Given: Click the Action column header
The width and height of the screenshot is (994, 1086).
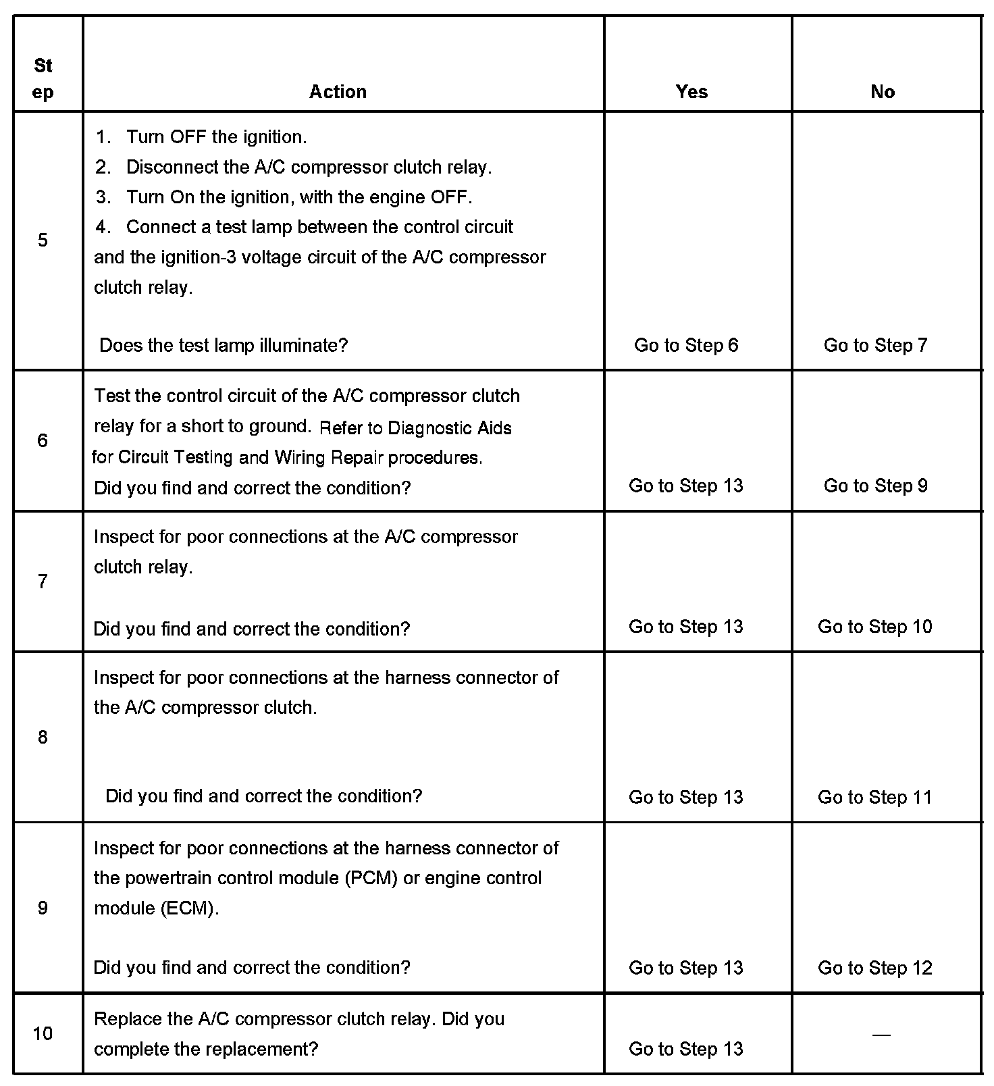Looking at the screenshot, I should click(x=338, y=92).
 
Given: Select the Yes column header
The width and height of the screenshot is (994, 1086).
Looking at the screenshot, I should click(x=691, y=92).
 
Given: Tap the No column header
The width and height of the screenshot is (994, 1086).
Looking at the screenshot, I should click(x=883, y=92).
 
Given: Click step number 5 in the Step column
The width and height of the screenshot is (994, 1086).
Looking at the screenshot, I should click(x=43, y=240).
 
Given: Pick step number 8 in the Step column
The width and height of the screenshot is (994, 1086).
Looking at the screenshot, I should click(x=43, y=737).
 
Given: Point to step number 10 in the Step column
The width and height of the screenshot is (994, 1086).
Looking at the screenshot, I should click(x=43, y=1033).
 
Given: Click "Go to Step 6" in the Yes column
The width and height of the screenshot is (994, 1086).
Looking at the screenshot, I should click(x=686, y=345).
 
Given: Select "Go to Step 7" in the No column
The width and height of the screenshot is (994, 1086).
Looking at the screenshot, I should click(x=876, y=345).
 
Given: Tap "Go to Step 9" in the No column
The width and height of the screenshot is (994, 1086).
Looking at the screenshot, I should click(x=876, y=486).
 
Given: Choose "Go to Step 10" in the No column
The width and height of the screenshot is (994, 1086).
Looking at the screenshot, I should click(x=875, y=627).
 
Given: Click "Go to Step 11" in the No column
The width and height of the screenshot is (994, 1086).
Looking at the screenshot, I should click(x=875, y=797).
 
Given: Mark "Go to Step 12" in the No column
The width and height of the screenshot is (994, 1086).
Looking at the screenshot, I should click(x=875, y=968).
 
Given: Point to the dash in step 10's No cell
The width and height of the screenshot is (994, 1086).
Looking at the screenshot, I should click(x=881, y=1034).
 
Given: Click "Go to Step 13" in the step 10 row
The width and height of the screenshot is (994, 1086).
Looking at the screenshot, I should click(x=686, y=1049).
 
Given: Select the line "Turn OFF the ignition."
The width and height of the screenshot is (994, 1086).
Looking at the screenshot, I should click(x=216, y=137).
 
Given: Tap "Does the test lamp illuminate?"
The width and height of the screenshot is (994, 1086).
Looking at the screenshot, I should click(x=224, y=346).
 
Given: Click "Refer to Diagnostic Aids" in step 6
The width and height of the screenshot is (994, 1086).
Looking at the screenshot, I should click(x=415, y=428).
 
